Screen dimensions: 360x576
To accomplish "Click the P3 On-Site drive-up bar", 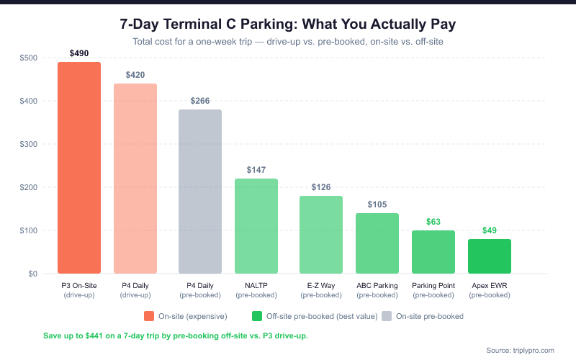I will pyautogui.click(x=79, y=168).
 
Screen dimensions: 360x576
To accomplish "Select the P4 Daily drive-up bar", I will pyautogui.click(x=135, y=179).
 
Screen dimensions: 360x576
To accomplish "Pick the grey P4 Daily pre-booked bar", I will pyautogui.click(x=200, y=192).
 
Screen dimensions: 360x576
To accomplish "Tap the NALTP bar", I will pyautogui.click(x=256, y=226).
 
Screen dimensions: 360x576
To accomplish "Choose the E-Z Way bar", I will pyautogui.click(x=321, y=235).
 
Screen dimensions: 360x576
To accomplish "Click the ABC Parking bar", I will pyautogui.click(x=377, y=243).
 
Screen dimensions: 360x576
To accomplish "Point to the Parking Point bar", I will pyautogui.click(x=433, y=252).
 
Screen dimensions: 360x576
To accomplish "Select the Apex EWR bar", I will pyautogui.click(x=490, y=256).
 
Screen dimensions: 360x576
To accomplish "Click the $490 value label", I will pyautogui.click(x=79, y=53).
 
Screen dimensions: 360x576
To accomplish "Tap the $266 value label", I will pyautogui.click(x=200, y=101).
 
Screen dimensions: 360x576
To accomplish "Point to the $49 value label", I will pyautogui.click(x=490, y=230).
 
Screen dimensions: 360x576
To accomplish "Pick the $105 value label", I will pyautogui.click(x=377, y=204).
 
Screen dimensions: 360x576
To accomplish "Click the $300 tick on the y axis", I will pyautogui.click(x=28, y=144).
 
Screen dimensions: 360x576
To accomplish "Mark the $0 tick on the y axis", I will pyautogui.click(x=32, y=274).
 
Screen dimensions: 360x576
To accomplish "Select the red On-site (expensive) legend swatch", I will pyautogui.click(x=149, y=316).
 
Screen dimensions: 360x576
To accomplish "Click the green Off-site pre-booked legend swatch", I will pyautogui.click(x=257, y=316).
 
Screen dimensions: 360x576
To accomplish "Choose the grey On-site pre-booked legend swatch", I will pyautogui.click(x=387, y=316).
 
